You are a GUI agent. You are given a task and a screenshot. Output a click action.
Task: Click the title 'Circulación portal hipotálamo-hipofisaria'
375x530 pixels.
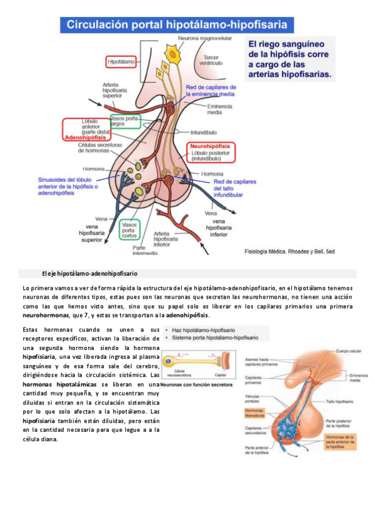coord(177,26)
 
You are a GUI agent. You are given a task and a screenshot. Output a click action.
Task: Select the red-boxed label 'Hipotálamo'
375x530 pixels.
coord(122,62)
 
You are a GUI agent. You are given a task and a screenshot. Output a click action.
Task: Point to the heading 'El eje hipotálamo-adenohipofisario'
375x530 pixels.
coord(89,274)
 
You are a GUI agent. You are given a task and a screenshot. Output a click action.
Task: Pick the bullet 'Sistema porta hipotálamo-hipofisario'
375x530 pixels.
coord(216,337)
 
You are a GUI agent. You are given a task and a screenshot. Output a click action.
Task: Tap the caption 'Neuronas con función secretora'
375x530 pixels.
coord(196,385)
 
